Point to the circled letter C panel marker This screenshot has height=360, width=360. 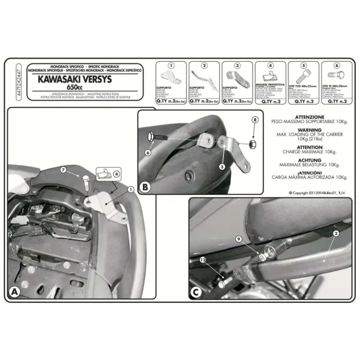coord(196,292)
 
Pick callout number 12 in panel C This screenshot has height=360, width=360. coord(204,261)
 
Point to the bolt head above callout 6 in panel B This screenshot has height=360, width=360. coord(150,137)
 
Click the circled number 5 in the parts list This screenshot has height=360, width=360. coord(303,66)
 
